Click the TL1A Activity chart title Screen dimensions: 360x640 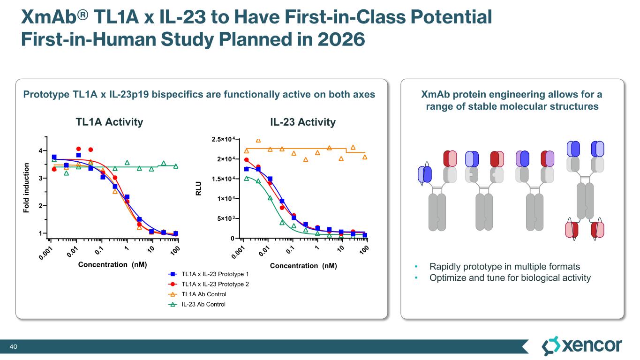(x=109, y=122)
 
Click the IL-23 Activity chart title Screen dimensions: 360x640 (x=302, y=122)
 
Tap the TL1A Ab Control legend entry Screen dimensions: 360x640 (x=203, y=294)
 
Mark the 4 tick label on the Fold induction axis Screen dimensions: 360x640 (x=41, y=150)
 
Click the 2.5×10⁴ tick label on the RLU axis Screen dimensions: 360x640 (x=223, y=139)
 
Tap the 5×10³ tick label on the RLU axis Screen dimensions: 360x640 (x=226, y=218)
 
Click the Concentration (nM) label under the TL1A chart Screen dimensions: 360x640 (x=113, y=264)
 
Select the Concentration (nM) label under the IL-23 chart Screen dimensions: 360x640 (x=303, y=266)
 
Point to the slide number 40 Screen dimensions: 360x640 (x=14, y=346)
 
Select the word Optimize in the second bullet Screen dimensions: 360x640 (x=446, y=278)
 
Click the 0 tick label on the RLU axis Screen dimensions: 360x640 (x=232, y=239)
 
